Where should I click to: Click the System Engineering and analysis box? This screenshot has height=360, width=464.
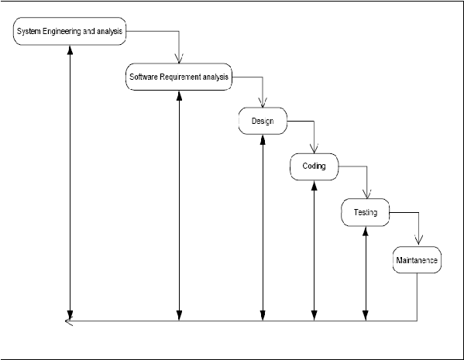70,31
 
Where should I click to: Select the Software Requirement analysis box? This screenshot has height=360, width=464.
179,77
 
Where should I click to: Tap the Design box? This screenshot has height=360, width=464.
263,121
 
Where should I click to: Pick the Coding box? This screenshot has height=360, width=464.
314,166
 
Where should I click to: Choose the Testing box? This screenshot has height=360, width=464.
366,212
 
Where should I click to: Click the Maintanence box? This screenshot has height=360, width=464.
417,259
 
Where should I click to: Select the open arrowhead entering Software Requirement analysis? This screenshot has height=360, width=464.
179,59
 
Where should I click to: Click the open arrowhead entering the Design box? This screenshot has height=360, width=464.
263,103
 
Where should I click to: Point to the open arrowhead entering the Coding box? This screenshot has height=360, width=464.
314,149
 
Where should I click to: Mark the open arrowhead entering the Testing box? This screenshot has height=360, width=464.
367,194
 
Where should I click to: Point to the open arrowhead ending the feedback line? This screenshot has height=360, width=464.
69,321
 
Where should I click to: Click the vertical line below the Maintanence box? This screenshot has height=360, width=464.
417,297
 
